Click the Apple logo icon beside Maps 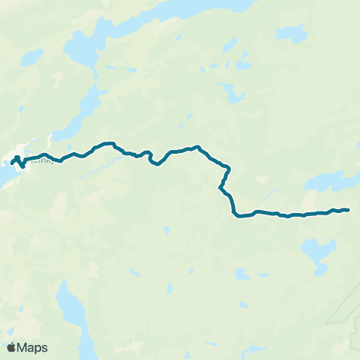11,347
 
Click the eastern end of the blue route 349,209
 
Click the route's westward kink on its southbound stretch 221,187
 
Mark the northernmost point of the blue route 109,142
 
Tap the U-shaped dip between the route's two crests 156,163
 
